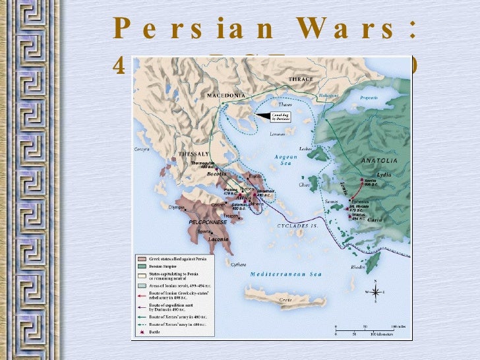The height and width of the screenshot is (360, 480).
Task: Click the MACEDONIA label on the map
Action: pyautogui.click(x=226, y=95)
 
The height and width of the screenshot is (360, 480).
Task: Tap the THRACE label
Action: pyautogui.click(x=301, y=79)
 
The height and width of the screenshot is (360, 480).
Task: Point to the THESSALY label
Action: pyautogui.click(x=194, y=154)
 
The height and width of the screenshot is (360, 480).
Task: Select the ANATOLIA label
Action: pyautogui.click(x=378, y=160)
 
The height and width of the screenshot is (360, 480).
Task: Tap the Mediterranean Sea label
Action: pyautogui.click(x=286, y=274)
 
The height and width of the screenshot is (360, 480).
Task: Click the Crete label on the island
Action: pyautogui.click(x=285, y=300)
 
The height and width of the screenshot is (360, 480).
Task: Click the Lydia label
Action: pyautogui.click(x=384, y=174)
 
